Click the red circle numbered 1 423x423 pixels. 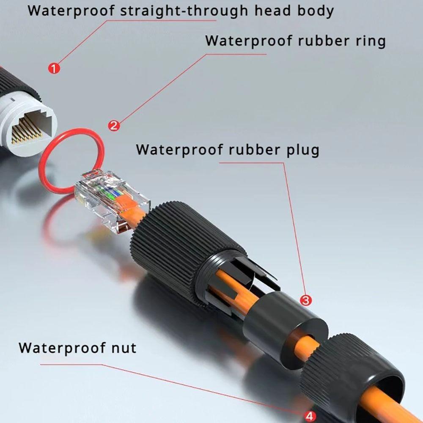pyautogui.click(x=54, y=68)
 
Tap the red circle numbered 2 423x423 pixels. pyautogui.click(x=114, y=125)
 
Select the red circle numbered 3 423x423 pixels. pyautogui.click(x=306, y=300)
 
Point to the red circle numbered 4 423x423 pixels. pyautogui.click(x=310, y=416)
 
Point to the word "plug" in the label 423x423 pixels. pyautogui.click(x=299, y=150)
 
